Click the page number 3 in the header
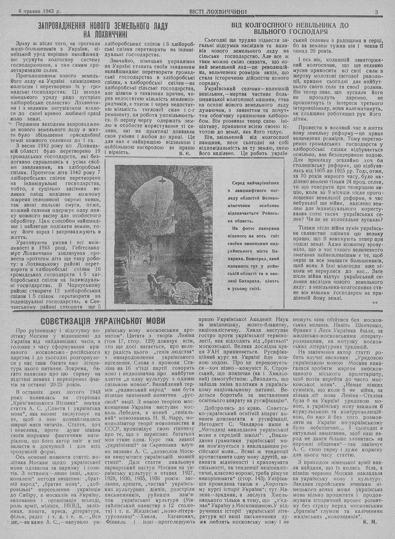376,12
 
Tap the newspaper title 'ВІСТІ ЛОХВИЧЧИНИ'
213,12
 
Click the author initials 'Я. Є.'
184,152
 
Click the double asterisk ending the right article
375,302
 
